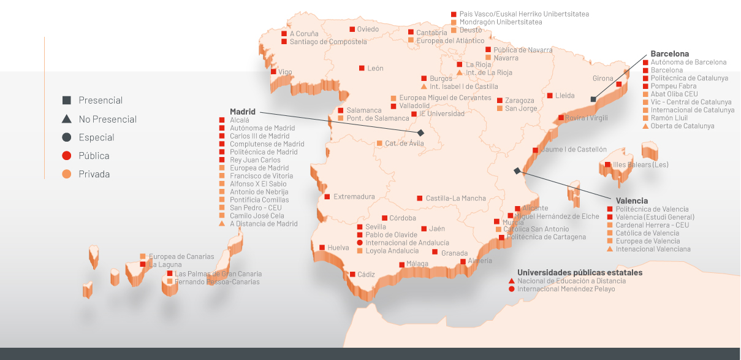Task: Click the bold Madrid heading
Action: tap(242, 112)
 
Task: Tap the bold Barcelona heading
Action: tap(670, 54)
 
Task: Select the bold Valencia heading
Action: tap(631, 201)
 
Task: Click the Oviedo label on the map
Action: tap(368, 29)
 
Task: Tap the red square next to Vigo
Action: tap(273, 72)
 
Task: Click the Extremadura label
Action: tap(354, 197)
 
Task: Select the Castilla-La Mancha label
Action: tap(455, 199)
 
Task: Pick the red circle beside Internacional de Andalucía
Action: tap(360, 243)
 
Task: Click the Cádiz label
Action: tap(367, 275)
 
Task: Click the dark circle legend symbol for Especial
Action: tap(67, 137)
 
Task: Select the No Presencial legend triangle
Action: tap(67, 119)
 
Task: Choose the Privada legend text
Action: tap(94, 174)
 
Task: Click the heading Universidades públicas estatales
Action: tap(580, 272)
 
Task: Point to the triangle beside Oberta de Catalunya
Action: tap(645, 126)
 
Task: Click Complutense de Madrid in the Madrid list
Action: tap(267, 144)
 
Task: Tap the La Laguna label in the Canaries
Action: tap(165, 264)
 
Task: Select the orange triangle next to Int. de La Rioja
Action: tap(459, 72)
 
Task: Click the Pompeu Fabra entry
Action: tap(673, 86)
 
